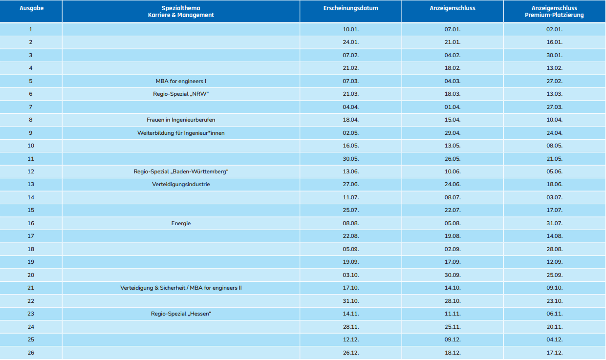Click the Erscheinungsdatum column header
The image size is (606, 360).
(x=350, y=8)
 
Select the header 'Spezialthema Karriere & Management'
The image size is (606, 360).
(x=181, y=12)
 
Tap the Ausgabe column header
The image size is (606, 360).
(x=31, y=8)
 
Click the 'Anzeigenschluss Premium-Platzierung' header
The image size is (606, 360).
(x=554, y=12)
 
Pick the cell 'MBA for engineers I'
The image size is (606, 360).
(x=181, y=81)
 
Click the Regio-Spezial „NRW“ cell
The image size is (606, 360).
(x=181, y=94)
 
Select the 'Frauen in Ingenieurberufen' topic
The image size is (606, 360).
(x=181, y=120)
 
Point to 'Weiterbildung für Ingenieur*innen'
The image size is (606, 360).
(x=181, y=133)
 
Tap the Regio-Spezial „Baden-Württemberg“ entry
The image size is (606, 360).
(x=181, y=171)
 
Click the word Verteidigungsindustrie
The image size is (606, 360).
(x=181, y=184)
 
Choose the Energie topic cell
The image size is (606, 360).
(x=181, y=223)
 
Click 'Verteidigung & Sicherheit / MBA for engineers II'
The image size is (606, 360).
(x=181, y=288)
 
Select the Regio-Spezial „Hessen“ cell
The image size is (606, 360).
(x=181, y=314)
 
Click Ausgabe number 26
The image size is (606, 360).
(x=31, y=353)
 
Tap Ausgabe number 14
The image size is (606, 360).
(x=31, y=197)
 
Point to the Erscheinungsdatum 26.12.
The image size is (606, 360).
(x=350, y=353)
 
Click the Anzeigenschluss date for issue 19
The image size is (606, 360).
(x=453, y=262)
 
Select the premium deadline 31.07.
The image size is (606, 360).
(x=554, y=223)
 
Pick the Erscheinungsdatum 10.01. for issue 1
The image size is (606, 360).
(x=350, y=29)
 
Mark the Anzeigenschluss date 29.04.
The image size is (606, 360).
(x=453, y=133)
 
